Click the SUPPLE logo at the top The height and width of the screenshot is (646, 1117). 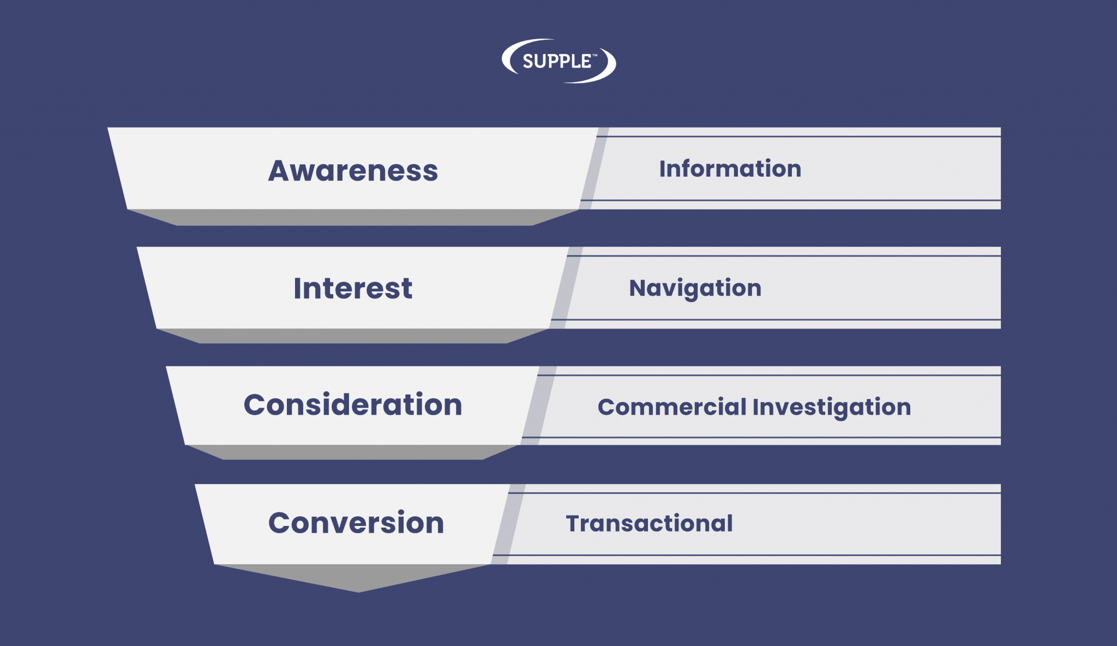coord(559,61)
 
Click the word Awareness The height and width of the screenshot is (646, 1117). coord(353,171)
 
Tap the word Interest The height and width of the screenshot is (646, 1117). coord(353,288)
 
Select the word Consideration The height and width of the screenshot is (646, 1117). coord(353,405)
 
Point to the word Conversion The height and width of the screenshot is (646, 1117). coord(356,523)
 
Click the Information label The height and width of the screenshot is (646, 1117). coord(730,169)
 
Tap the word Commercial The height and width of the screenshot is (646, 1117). coord(672,407)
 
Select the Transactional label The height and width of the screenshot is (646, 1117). coord(649,523)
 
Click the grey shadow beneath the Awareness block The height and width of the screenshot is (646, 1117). coord(353,217)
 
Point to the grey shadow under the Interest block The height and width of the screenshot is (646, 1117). coord(353,336)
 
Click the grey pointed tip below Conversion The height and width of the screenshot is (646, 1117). coord(358,591)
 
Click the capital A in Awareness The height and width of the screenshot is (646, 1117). coord(280,171)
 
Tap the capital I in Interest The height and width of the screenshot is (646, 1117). coord(297,288)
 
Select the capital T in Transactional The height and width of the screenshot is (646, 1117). coord(575,523)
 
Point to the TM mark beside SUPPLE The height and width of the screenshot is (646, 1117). coord(594,55)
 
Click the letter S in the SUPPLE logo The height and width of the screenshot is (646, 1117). coord(528,61)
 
